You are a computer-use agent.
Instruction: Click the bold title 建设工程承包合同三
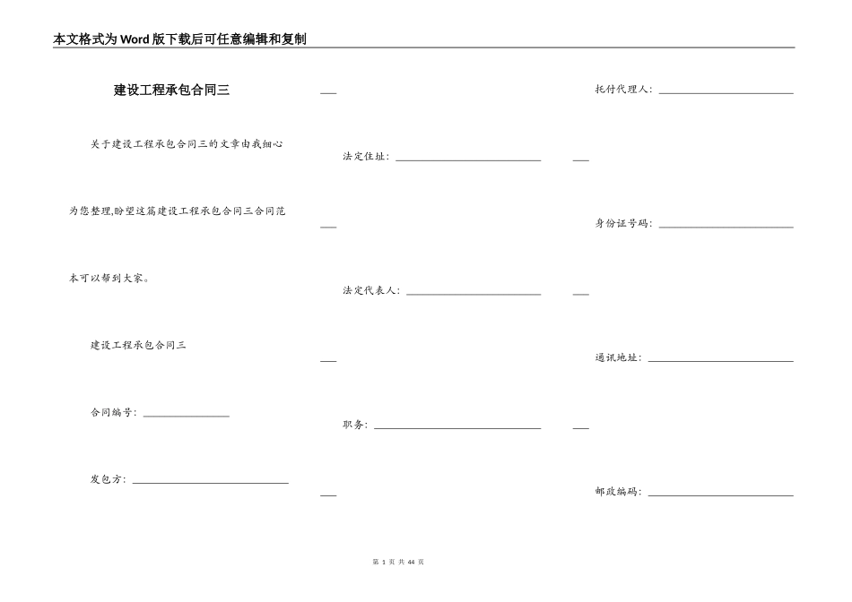click(171, 90)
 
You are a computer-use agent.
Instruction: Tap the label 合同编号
click(112, 413)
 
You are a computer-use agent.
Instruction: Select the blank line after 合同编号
click(187, 416)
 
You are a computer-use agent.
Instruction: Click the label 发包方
click(107, 479)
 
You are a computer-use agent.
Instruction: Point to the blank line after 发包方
click(211, 483)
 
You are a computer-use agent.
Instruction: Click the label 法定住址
click(365, 157)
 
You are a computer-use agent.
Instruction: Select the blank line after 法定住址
click(468, 160)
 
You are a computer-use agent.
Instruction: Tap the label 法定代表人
click(370, 291)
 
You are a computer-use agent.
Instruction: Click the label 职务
click(354, 425)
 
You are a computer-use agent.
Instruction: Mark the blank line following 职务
click(457, 428)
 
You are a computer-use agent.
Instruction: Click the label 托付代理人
click(623, 90)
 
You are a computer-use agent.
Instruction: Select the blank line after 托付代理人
click(726, 93)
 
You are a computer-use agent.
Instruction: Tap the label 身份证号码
click(623, 224)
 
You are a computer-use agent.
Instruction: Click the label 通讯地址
click(618, 357)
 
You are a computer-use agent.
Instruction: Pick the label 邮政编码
click(618, 492)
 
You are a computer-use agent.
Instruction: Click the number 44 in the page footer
click(411, 562)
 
